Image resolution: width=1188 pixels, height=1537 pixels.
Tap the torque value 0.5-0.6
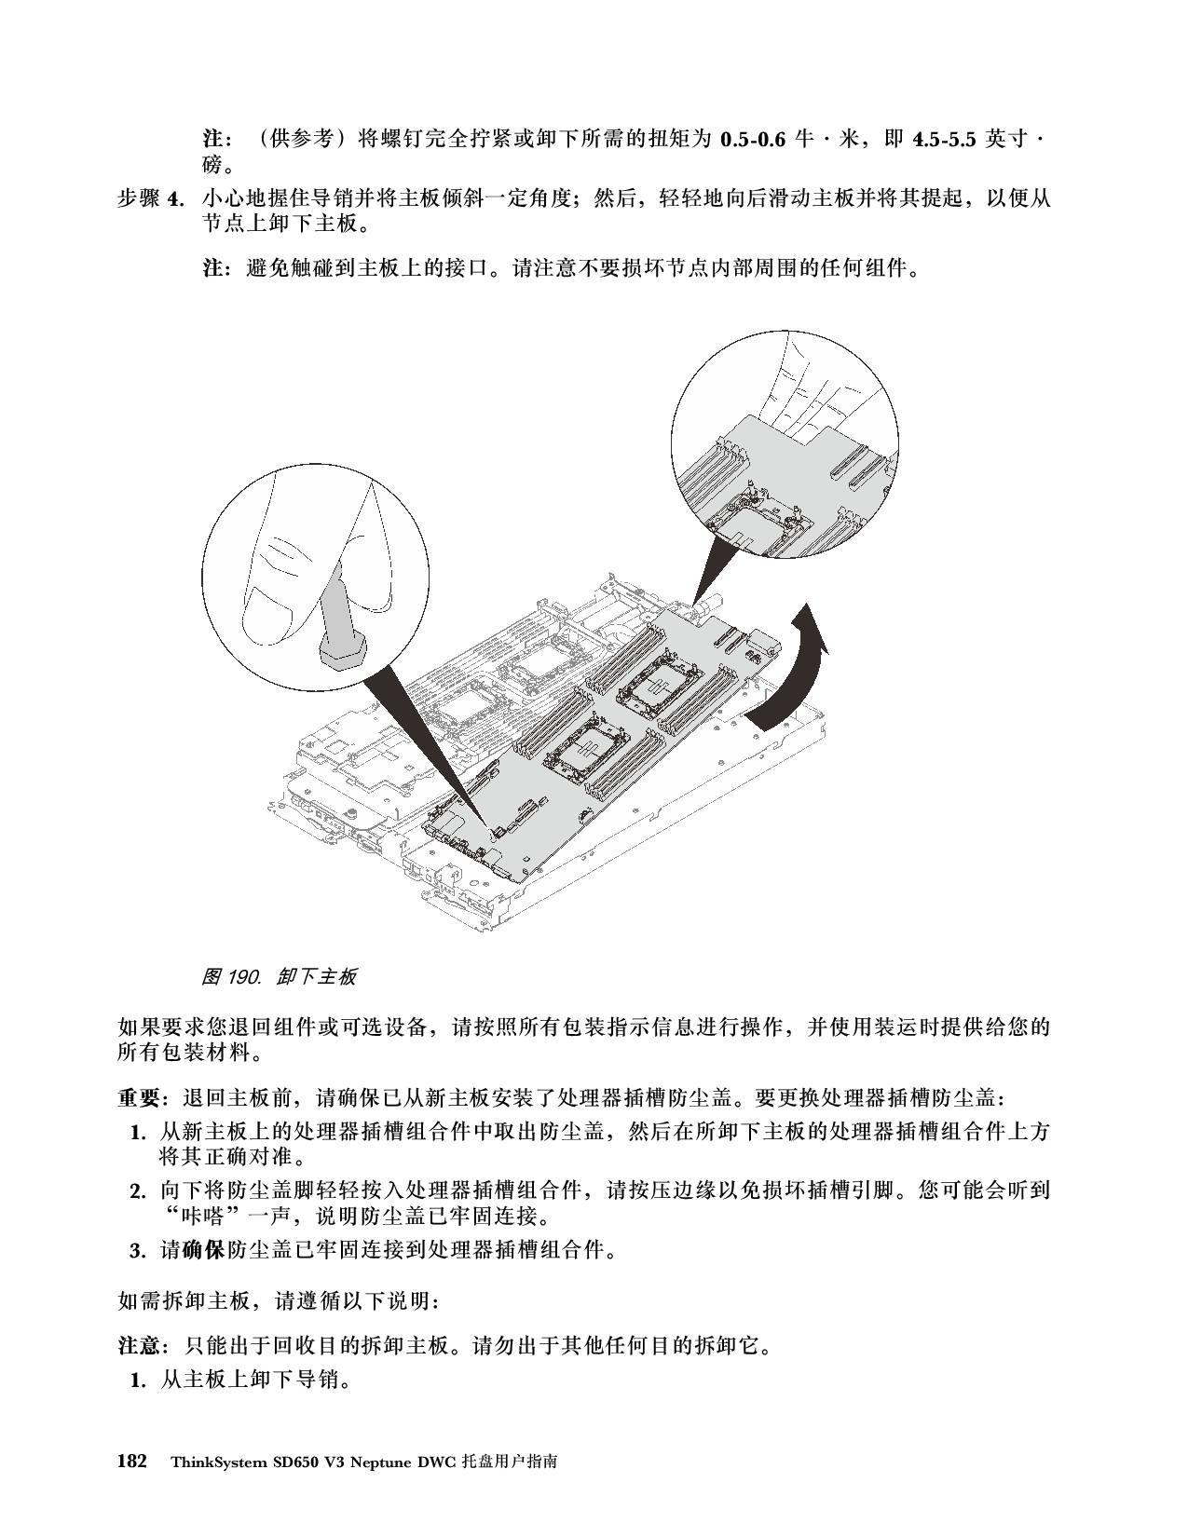click(x=753, y=140)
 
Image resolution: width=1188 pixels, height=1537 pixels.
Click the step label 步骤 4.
click(x=151, y=198)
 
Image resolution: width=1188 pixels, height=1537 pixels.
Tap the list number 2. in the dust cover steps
click(x=138, y=1191)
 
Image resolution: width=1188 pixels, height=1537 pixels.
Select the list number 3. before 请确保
click(x=138, y=1251)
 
